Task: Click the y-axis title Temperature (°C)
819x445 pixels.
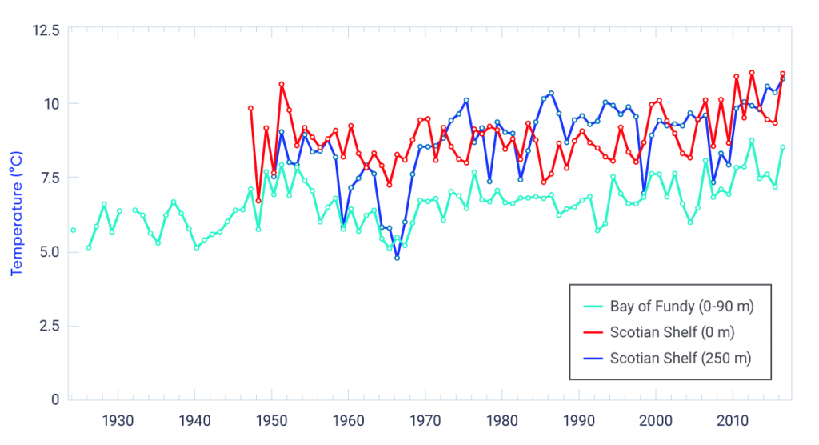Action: click(17, 214)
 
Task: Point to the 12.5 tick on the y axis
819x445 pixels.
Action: click(45, 30)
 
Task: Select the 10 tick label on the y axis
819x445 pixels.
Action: click(52, 104)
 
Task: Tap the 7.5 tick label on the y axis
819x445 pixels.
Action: click(47, 178)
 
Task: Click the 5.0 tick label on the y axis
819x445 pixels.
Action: click(46, 252)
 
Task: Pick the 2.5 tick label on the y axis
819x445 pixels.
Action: click(47, 326)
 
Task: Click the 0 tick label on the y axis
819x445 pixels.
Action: click(55, 399)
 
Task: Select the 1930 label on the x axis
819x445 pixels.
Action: click(118, 419)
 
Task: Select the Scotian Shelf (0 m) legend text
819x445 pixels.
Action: click(672, 332)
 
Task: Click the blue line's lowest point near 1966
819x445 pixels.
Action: click(397, 257)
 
